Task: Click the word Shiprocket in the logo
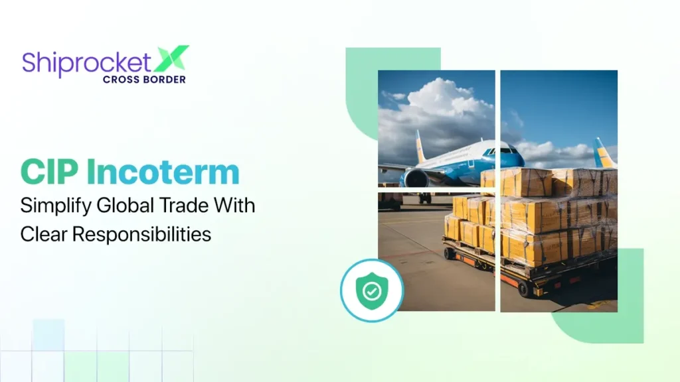(x=86, y=62)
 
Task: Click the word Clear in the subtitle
(x=41, y=233)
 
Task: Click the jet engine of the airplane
(x=416, y=178)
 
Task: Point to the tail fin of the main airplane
(x=420, y=146)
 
